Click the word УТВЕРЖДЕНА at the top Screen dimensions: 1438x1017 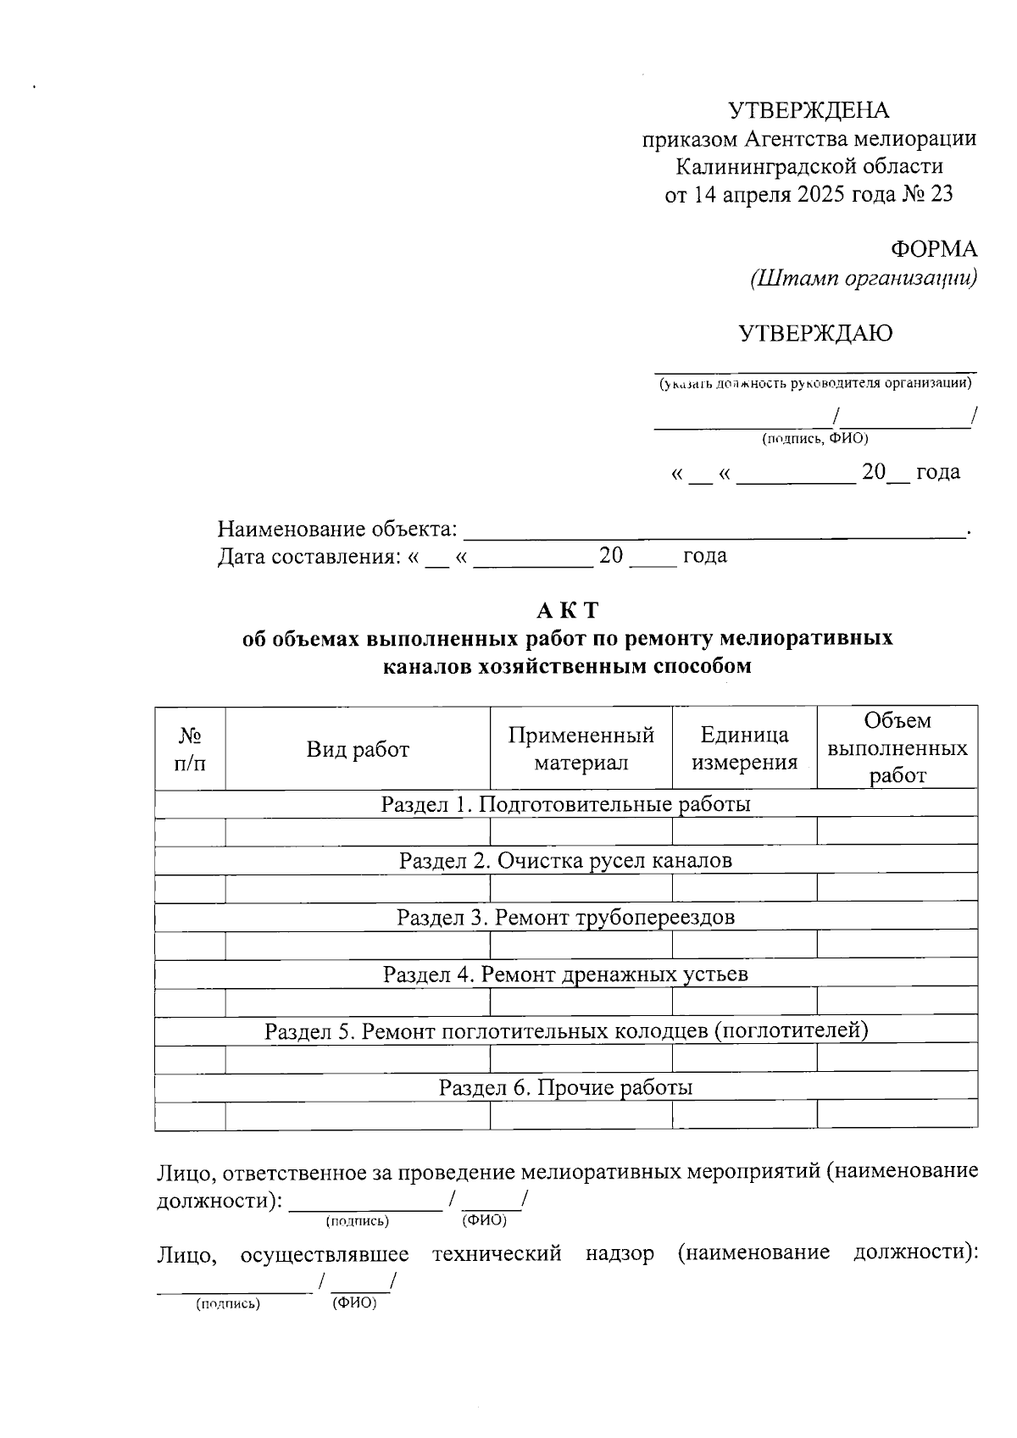click(809, 110)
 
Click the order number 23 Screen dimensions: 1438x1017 click(941, 195)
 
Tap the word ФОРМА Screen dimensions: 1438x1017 click(933, 249)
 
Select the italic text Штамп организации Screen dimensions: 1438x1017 click(863, 278)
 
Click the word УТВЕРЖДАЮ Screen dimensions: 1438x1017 click(815, 333)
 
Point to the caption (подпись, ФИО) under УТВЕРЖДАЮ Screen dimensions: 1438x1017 click(814, 438)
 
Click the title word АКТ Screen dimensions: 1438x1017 click(567, 610)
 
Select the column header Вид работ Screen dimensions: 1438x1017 click(358, 749)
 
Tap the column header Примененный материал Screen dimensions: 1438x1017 click(581, 748)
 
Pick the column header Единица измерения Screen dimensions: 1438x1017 click(744, 748)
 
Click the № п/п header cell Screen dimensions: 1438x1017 click(190, 748)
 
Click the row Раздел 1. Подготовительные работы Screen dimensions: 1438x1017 click(565, 803)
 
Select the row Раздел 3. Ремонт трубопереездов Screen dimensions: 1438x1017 click(565, 917)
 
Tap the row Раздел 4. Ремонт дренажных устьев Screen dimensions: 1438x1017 click(565, 974)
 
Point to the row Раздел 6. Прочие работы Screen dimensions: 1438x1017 click(565, 1087)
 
